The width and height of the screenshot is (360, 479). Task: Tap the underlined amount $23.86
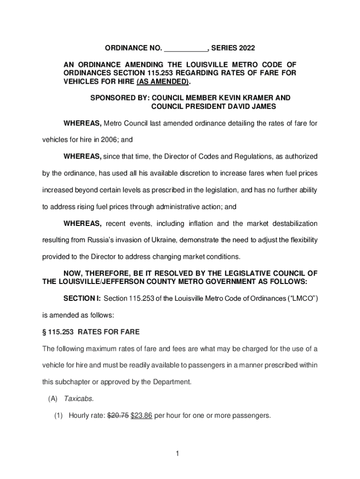click(141, 414)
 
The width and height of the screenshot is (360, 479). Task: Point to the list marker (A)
click(52, 399)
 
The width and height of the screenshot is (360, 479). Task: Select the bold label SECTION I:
click(82, 298)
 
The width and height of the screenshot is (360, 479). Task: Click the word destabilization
click(290, 224)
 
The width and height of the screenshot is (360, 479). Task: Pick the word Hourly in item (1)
click(78, 414)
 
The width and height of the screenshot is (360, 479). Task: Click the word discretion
click(189, 174)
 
